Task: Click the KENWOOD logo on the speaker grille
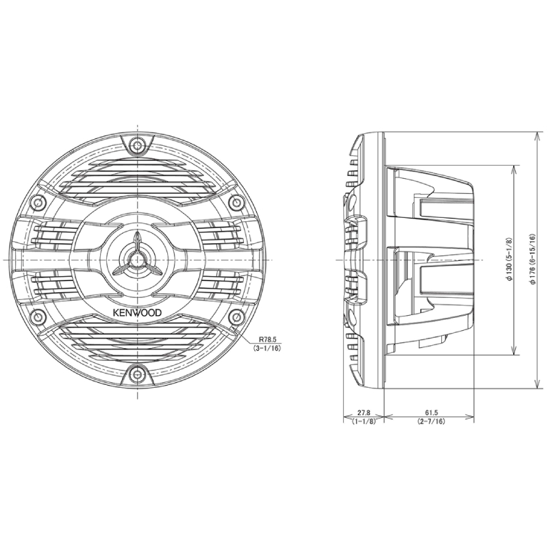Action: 137,312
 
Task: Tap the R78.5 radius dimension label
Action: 267,339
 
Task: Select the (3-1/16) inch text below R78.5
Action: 267,348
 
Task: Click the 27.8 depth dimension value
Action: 364,413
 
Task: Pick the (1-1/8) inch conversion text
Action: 364,421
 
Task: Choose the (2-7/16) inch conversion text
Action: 432,421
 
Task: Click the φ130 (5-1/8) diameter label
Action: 510,259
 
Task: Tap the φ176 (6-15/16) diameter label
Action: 532,259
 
